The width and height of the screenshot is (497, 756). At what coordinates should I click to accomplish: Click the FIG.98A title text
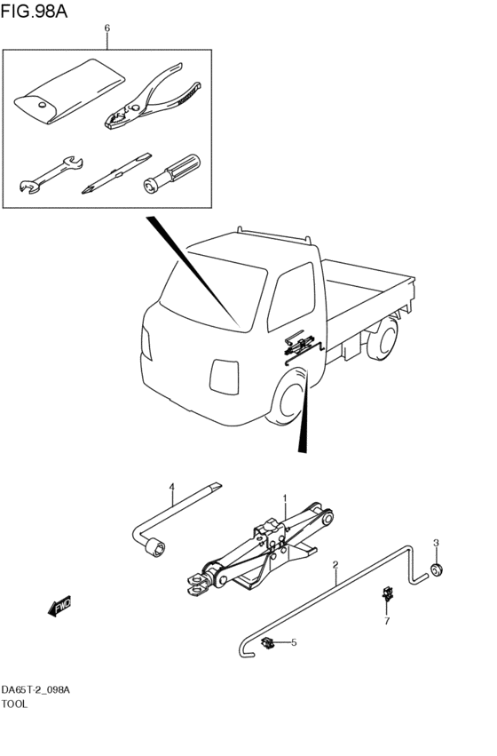tap(34, 11)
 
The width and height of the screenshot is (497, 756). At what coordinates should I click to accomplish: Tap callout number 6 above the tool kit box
tap(106, 28)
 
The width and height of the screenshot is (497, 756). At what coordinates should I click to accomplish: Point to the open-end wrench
tap(51, 174)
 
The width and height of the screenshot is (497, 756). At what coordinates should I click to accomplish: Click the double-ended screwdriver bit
tap(117, 172)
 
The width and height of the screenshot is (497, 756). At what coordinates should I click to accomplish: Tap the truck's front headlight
tap(225, 377)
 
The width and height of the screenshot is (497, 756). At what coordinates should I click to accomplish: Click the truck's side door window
tap(291, 296)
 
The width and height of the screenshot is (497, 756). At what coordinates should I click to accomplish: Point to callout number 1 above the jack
tap(285, 497)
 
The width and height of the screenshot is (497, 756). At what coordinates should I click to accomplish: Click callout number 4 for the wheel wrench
tap(171, 487)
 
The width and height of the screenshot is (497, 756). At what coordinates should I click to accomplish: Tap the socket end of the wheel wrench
tap(155, 549)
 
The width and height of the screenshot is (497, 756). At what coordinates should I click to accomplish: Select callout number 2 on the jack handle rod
tap(335, 564)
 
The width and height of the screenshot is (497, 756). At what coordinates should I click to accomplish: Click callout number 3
tap(436, 543)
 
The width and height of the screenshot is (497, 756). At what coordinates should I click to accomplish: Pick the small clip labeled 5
tap(267, 642)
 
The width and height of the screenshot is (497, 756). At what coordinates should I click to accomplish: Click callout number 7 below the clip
tap(387, 621)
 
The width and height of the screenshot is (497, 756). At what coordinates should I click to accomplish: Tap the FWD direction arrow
tap(59, 606)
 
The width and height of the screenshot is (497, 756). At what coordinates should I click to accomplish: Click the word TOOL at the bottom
tap(14, 704)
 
